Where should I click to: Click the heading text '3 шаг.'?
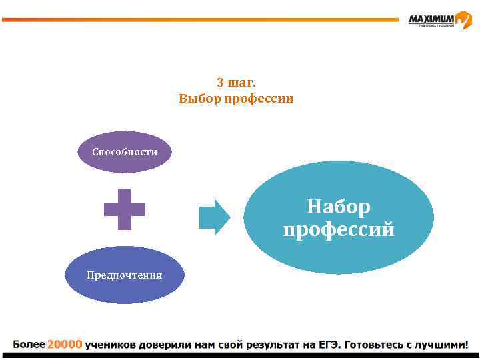tap(236, 83)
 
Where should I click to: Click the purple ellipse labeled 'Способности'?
tap(125, 152)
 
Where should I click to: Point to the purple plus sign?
tap(125, 209)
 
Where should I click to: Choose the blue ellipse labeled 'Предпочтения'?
tap(125, 275)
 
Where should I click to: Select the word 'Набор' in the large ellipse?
tap(339, 207)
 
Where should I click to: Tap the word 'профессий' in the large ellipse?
tap(339, 230)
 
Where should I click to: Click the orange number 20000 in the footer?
tap(65, 345)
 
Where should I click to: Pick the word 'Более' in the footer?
tap(29, 345)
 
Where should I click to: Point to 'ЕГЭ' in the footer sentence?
tap(328, 345)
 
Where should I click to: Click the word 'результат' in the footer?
tap(273, 345)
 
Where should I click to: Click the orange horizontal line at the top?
tap(200, 20)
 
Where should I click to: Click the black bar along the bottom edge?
tap(240, 356)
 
